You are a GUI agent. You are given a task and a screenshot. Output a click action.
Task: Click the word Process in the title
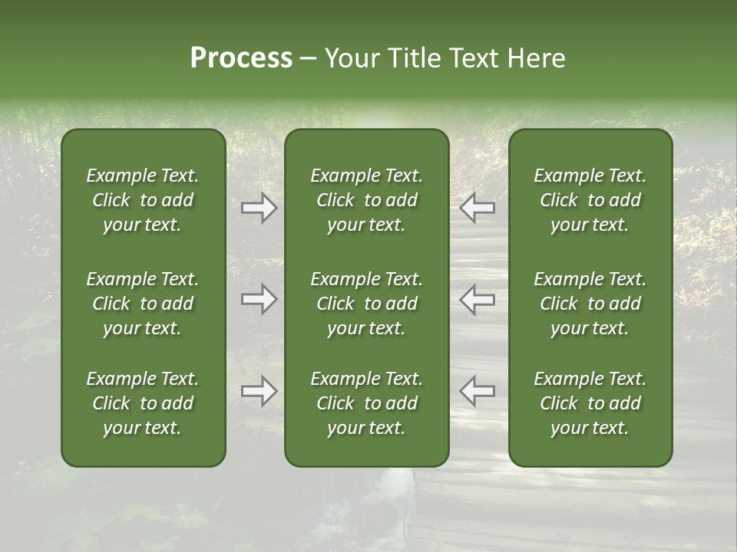(x=241, y=58)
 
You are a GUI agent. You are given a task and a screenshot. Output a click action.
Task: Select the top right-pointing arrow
(x=259, y=208)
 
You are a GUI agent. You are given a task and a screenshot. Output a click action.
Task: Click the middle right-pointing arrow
(x=259, y=299)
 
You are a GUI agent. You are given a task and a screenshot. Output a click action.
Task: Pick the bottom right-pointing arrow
(x=259, y=391)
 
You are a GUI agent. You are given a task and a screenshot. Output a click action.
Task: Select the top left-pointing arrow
(x=477, y=208)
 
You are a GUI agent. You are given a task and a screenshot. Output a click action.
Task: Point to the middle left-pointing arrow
(x=477, y=299)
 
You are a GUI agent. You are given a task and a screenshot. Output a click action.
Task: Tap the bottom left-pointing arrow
(x=477, y=391)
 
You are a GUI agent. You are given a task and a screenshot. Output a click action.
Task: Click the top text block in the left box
(x=143, y=200)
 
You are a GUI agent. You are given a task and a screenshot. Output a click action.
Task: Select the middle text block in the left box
(x=143, y=304)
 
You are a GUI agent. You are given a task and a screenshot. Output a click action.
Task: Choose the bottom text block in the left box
(x=143, y=403)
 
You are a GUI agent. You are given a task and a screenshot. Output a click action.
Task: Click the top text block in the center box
(x=367, y=200)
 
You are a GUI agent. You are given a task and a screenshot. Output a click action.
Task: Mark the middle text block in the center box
(x=367, y=304)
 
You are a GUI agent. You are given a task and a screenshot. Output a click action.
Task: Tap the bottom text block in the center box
(x=367, y=403)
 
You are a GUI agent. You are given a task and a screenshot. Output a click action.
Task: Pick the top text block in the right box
(x=590, y=200)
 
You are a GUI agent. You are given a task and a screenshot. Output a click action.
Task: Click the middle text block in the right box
(x=590, y=304)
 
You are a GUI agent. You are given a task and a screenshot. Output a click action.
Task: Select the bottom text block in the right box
(x=590, y=403)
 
